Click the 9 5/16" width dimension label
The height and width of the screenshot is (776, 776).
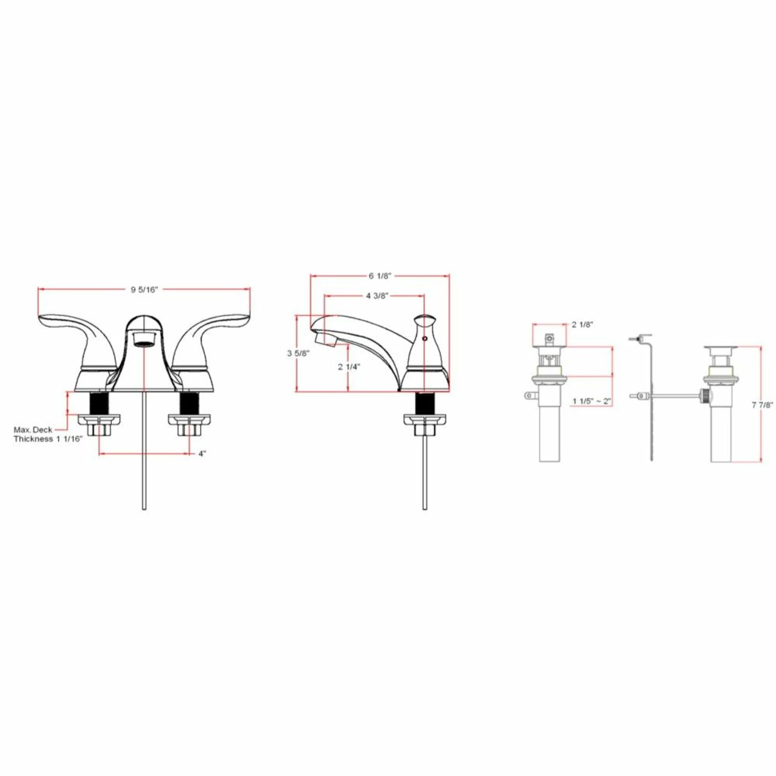click(x=144, y=290)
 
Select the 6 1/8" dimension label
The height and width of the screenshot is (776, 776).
click(x=380, y=276)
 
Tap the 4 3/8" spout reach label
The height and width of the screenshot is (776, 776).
click(x=377, y=296)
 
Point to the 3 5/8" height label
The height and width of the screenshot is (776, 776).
click(x=299, y=353)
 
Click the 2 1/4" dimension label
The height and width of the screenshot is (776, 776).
click(x=349, y=367)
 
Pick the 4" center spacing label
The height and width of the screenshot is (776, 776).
click(x=202, y=454)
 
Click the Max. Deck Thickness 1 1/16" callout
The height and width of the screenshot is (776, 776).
click(x=48, y=435)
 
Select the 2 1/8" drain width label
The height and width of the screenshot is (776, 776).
click(x=583, y=325)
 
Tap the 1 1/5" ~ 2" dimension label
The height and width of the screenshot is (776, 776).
click(x=592, y=401)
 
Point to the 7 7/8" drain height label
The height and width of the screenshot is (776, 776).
click(x=763, y=406)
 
